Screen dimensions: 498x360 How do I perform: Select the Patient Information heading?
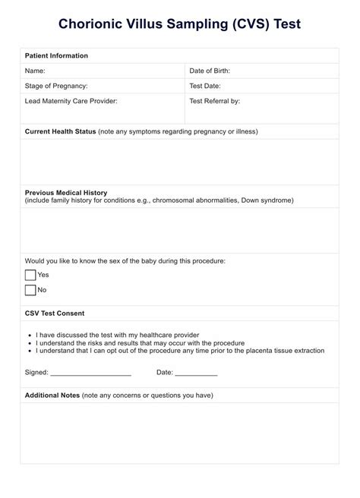coord(56,56)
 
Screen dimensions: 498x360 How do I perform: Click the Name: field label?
coord(36,71)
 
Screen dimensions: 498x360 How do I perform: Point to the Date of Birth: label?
coord(210,71)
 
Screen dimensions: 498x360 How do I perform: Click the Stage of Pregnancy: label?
coord(56,86)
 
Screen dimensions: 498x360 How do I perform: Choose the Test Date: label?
coord(205,86)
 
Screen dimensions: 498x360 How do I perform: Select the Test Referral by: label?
coord(214,101)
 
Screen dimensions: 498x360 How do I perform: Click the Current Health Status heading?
coord(61,131)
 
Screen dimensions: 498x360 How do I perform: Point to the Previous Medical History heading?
coord(66,193)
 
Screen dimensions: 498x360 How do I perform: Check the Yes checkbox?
coord(30,275)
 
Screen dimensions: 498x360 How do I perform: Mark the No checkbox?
coord(30,289)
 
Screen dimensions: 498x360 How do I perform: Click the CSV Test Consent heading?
coord(55,313)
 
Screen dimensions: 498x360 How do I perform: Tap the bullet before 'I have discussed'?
coord(27,335)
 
